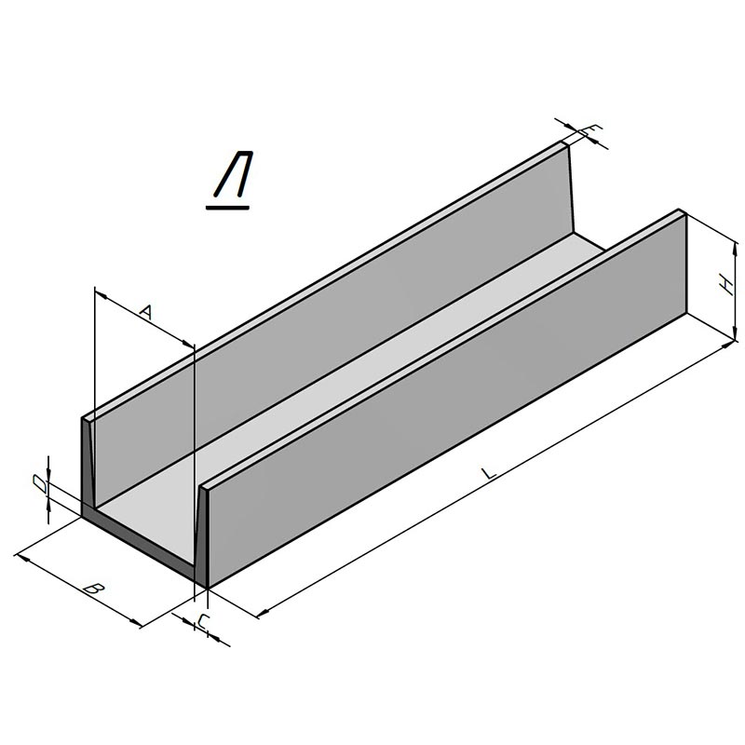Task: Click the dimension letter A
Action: click(146, 312)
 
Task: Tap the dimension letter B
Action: click(94, 589)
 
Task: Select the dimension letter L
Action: click(488, 473)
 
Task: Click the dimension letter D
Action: click(40, 484)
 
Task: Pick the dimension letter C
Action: click(203, 621)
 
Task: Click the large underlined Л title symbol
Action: click(233, 174)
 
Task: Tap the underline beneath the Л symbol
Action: click(227, 207)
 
